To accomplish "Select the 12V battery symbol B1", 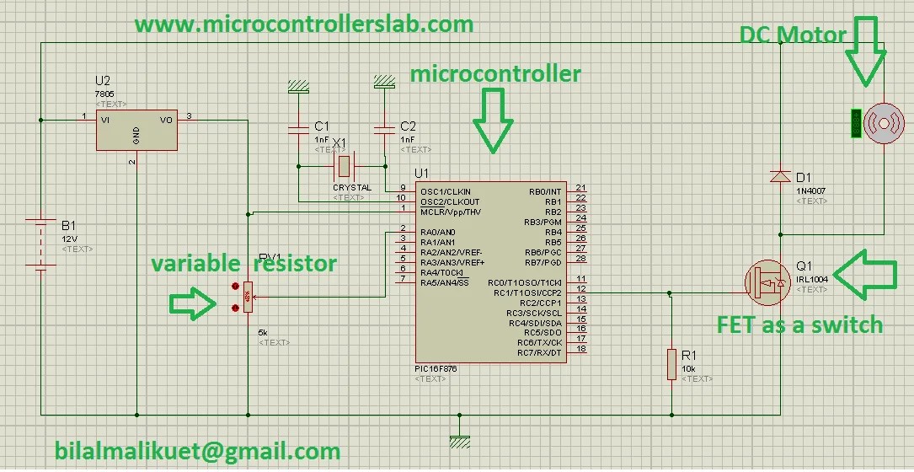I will tap(40, 244).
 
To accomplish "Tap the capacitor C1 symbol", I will tap(297, 130).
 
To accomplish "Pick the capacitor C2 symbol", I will tap(384, 130).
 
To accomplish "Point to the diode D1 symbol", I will tap(780, 177).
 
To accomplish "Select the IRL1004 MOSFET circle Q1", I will tap(768, 283).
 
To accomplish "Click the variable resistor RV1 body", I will tap(248, 297).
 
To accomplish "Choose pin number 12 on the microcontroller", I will tap(580, 292).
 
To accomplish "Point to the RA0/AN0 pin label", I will tap(439, 232).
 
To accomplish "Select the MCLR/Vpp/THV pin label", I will tap(450, 211).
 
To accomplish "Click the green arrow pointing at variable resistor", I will tap(192, 303).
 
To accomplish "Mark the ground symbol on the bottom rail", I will tap(459, 437).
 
